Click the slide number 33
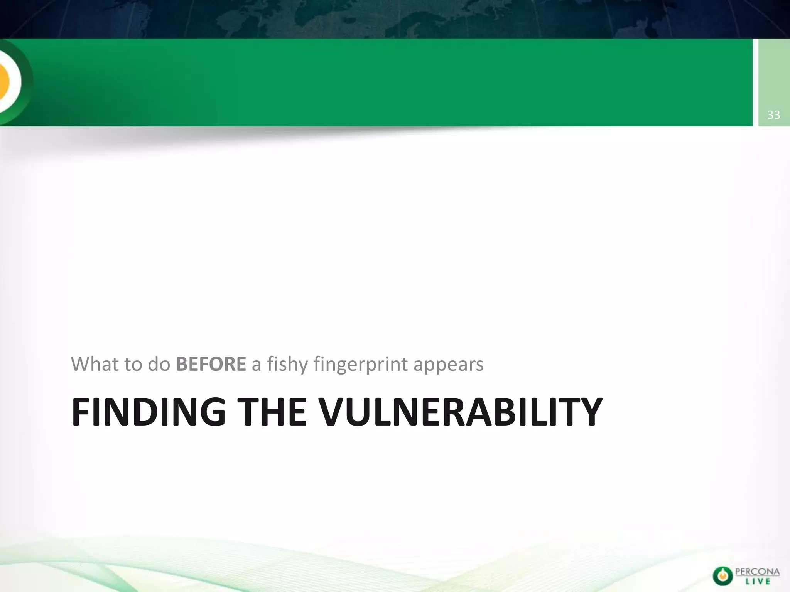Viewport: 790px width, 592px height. click(774, 115)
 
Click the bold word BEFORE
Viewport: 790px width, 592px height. click(211, 364)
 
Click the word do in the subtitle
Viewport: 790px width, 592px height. click(159, 364)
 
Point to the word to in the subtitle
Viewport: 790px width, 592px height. click(133, 364)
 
